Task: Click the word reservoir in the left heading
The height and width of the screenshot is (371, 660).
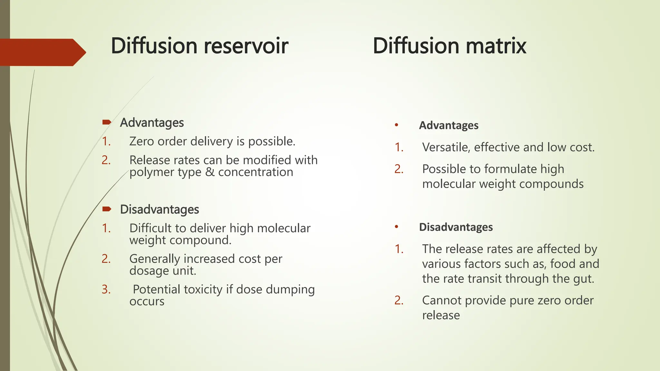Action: point(246,46)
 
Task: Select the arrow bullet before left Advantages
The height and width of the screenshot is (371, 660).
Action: point(107,122)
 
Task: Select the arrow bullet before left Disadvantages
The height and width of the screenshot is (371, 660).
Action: point(107,209)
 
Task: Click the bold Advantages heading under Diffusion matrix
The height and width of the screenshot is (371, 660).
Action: point(449,125)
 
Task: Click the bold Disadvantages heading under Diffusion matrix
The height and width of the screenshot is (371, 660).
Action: point(456,227)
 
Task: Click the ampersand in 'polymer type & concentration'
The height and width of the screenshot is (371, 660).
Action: point(210,172)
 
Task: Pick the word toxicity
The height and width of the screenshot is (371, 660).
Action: point(203,290)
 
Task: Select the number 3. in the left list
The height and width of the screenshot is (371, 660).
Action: point(106,290)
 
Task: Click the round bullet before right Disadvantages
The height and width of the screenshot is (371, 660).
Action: point(397,227)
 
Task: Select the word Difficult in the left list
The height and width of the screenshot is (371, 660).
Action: point(150,228)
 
